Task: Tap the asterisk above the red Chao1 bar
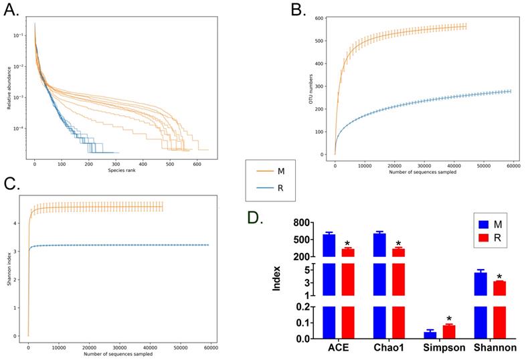tap(398, 244)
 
